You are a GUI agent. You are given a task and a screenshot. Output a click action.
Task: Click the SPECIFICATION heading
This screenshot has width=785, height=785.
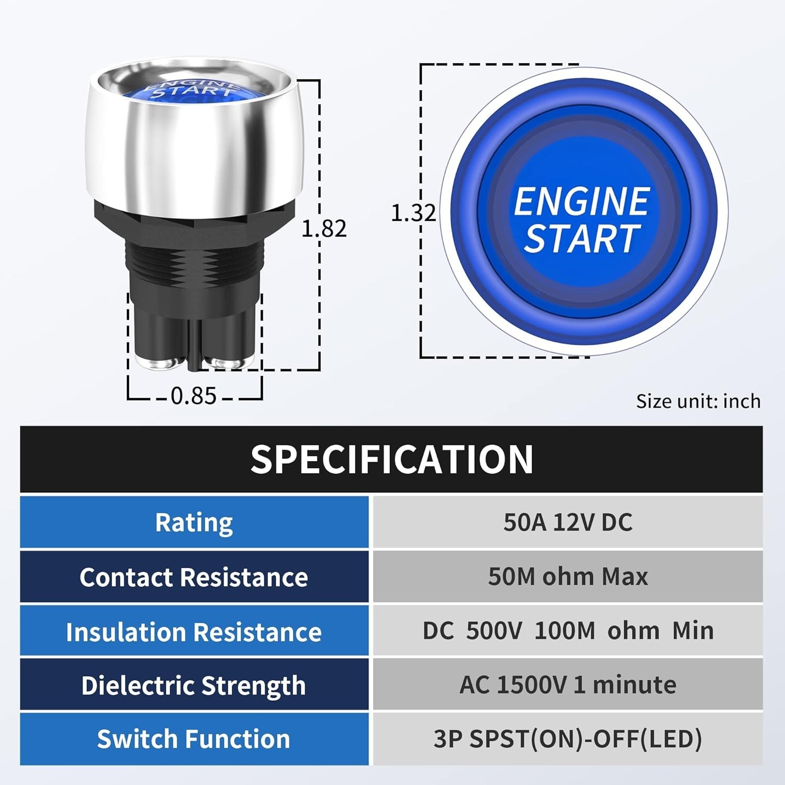click(x=391, y=459)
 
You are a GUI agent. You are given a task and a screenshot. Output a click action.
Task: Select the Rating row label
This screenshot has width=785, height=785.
click(x=194, y=522)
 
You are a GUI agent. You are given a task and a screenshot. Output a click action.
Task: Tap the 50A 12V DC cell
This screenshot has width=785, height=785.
click(x=568, y=522)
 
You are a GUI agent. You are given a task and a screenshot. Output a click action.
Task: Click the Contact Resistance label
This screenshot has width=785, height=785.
click(x=194, y=577)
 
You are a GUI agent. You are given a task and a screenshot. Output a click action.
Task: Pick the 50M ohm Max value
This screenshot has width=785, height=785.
click(x=568, y=577)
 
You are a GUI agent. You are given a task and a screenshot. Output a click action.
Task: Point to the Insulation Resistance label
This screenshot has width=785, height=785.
click(x=194, y=632)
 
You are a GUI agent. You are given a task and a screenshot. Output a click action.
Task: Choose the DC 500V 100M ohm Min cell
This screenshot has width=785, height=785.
click(x=568, y=631)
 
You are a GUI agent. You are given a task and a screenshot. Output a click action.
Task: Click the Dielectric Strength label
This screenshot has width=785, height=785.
click(x=194, y=686)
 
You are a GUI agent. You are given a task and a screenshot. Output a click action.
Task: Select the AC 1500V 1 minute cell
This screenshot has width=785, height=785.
click(x=568, y=685)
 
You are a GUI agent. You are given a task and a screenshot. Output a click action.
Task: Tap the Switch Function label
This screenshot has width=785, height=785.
click(x=194, y=739)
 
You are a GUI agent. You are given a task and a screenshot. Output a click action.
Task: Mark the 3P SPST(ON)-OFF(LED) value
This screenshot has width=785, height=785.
click(x=568, y=739)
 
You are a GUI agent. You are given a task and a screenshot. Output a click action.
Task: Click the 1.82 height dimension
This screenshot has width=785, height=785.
click(x=324, y=229)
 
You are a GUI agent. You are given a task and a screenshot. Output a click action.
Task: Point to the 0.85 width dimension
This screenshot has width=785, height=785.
click(x=194, y=396)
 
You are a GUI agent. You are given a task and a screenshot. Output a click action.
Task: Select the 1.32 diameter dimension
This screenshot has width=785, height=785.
click(x=413, y=212)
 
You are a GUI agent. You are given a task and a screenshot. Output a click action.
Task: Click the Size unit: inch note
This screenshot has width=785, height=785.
click(x=698, y=401)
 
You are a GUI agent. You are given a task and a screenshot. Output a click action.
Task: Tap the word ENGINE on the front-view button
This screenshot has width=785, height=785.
click(x=581, y=201)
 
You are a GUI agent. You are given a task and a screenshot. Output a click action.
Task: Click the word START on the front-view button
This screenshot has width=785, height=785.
click(x=582, y=239)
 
